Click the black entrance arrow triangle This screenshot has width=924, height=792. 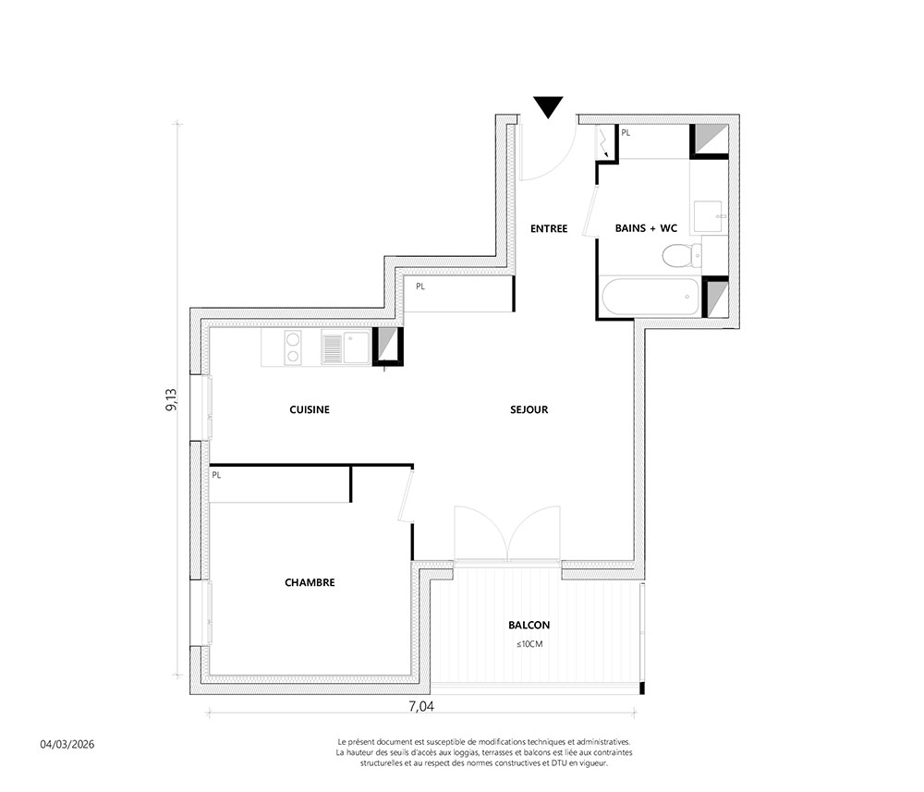[x=548, y=106]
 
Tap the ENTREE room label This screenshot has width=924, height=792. [x=549, y=228]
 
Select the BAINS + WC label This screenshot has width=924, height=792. [x=646, y=228]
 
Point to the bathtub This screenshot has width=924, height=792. [x=650, y=297]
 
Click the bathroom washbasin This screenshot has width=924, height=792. [x=708, y=216]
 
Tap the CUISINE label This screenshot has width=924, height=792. [x=310, y=409]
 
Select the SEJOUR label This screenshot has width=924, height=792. [x=529, y=409]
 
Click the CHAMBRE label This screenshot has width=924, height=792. [x=310, y=582]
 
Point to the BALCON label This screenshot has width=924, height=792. [x=529, y=626]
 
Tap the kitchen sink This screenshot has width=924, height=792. [x=346, y=347]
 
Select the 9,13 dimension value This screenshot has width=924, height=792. [x=172, y=399]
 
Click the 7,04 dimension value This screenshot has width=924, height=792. [x=421, y=705]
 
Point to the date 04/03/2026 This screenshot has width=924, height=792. [x=67, y=744]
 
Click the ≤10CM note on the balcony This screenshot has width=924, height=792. [x=529, y=644]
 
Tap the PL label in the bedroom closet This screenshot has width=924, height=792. [x=216, y=475]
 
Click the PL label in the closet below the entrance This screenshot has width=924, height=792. [x=420, y=287]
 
